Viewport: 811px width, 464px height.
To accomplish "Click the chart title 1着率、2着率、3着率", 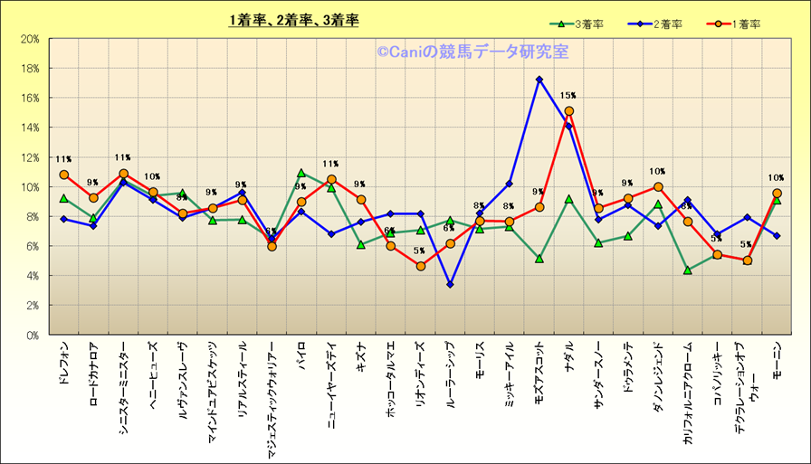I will pos(293,20).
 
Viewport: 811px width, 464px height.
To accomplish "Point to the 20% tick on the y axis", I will pos(29,39).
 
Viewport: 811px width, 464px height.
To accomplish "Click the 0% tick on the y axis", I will pos(32,335).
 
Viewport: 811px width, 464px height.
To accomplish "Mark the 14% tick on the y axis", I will pos(29,128).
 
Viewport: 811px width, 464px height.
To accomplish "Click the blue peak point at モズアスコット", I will pos(539,80).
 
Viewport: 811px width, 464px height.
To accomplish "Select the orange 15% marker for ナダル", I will pos(568,111).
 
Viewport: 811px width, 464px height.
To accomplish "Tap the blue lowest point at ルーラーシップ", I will pos(450,285).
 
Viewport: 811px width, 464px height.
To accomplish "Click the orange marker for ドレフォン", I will pos(63,175).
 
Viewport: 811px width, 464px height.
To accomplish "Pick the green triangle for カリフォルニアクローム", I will pos(688,270).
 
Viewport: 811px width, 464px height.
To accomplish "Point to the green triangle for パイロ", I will pos(301,173).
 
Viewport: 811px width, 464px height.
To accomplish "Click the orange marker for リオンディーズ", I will pos(420,266).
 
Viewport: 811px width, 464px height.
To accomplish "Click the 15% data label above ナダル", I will pos(568,95).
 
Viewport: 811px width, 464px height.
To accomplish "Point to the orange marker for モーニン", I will pos(777,194).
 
